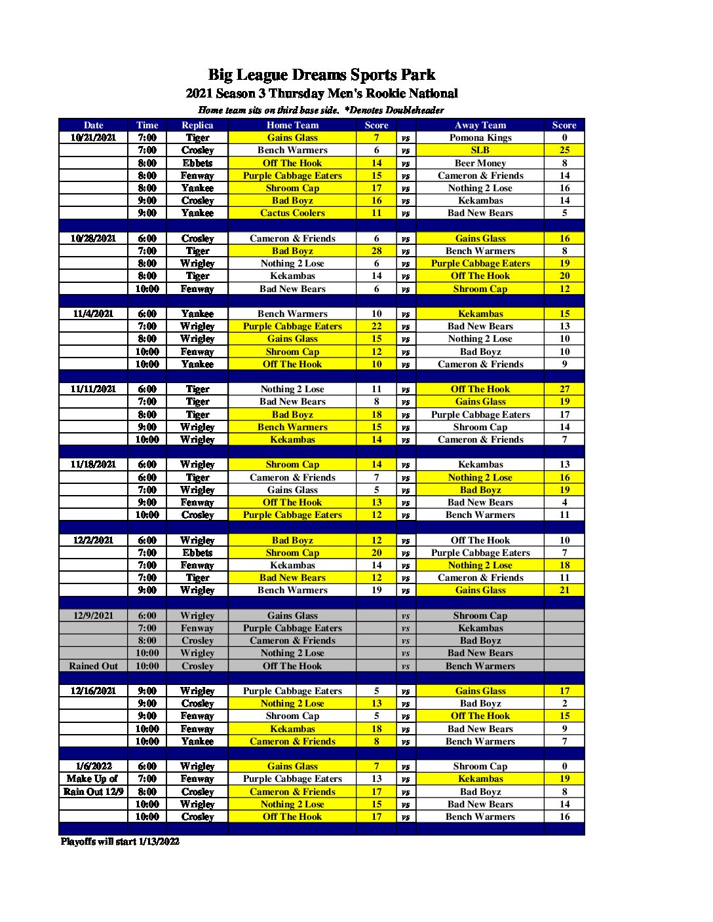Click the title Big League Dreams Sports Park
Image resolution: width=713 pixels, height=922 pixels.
click(x=321, y=75)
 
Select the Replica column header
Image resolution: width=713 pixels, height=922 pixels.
click(x=197, y=125)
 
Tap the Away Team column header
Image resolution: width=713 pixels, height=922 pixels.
click(x=480, y=125)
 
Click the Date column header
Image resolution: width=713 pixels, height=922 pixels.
click(x=93, y=125)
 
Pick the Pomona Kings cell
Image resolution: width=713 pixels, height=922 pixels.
click(x=480, y=138)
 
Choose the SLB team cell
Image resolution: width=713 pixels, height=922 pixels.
click(x=480, y=150)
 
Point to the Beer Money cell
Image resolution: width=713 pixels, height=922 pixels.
click(x=480, y=163)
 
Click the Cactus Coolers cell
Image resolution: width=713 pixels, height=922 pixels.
click(x=292, y=213)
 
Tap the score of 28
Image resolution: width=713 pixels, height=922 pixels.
click(x=376, y=251)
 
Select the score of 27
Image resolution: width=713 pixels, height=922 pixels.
click(x=564, y=389)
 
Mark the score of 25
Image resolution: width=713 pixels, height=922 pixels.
click(x=564, y=150)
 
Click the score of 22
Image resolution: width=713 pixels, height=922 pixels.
click(x=376, y=326)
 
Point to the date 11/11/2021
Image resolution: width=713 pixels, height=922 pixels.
click(x=93, y=389)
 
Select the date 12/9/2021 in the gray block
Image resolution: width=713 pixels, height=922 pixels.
click(x=93, y=616)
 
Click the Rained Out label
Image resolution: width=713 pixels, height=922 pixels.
click(x=93, y=666)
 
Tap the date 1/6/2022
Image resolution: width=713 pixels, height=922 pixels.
click(x=93, y=766)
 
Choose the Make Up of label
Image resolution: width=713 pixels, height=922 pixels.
click(x=92, y=779)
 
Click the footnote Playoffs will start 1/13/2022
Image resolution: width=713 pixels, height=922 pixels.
click(x=120, y=841)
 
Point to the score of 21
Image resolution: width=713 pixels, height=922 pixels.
click(x=564, y=590)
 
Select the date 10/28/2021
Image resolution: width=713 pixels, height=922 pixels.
click(x=93, y=238)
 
